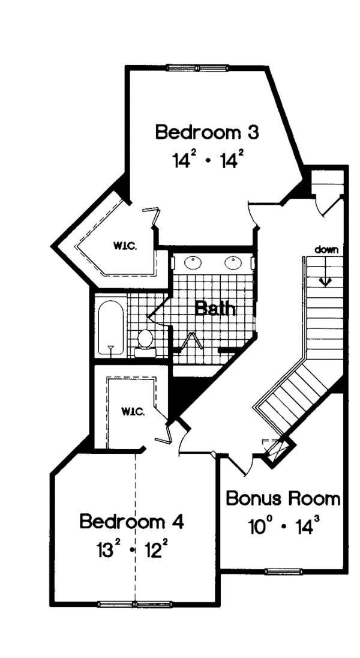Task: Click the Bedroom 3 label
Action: (x=207, y=132)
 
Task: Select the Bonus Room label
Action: (x=283, y=498)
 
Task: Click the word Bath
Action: (x=215, y=310)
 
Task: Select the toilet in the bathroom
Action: (x=144, y=340)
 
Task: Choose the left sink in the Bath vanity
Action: (x=194, y=262)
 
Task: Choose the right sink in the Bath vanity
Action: (x=233, y=262)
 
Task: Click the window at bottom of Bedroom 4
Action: (x=136, y=603)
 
